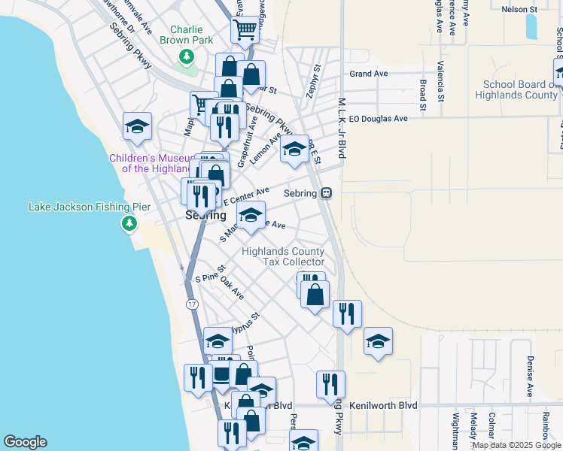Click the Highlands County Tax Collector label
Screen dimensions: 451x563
coord(283,256)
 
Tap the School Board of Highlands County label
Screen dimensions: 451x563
coord(520,90)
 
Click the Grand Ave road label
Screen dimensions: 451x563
coord(368,74)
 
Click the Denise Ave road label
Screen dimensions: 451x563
coord(531,377)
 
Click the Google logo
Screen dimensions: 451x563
coord(24,442)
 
